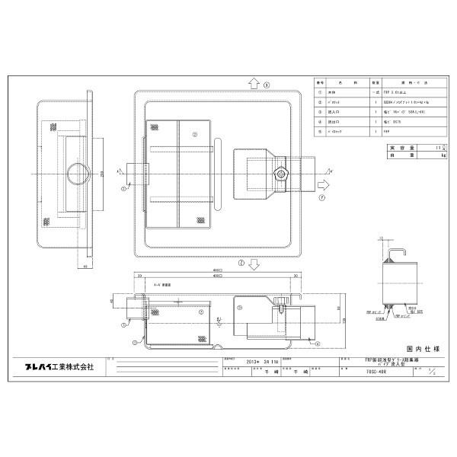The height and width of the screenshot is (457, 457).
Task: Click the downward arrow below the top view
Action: (253, 264)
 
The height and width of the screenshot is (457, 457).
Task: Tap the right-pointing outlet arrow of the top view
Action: (323, 184)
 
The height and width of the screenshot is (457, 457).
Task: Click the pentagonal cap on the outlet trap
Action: (283, 174)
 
